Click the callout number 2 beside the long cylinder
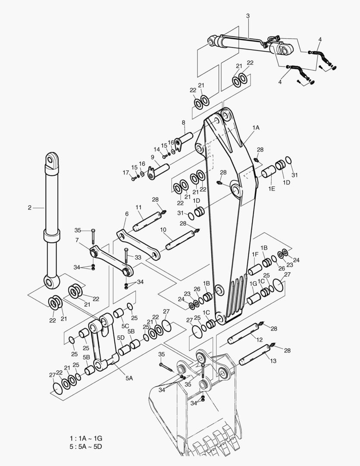point(29,208)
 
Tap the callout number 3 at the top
point(248,16)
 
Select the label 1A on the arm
point(256,128)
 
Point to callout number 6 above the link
point(127,214)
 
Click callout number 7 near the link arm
point(77,240)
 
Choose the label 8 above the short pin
point(183,123)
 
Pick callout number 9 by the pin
point(153,157)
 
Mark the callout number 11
point(139,208)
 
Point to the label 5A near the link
point(129,378)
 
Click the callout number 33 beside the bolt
point(138,258)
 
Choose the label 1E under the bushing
point(272,189)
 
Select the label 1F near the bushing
point(255,255)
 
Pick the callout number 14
point(157,149)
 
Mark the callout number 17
point(125,173)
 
